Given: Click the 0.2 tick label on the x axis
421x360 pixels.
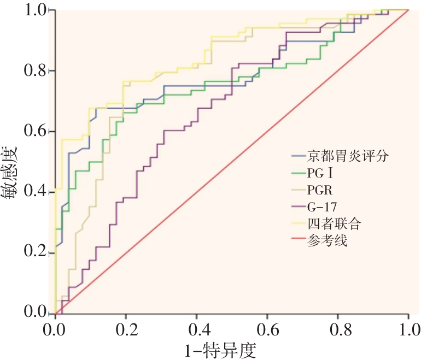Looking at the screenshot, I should (x=126, y=329).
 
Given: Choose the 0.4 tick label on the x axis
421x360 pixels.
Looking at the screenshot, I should (x=197, y=329).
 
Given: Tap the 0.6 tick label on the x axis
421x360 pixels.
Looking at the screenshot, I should (x=267, y=329).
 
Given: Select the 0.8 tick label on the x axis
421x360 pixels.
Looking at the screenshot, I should (x=338, y=329).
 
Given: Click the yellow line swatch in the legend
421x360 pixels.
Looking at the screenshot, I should (x=297, y=224).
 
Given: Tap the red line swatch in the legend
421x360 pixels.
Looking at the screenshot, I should (x=297, y=241).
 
